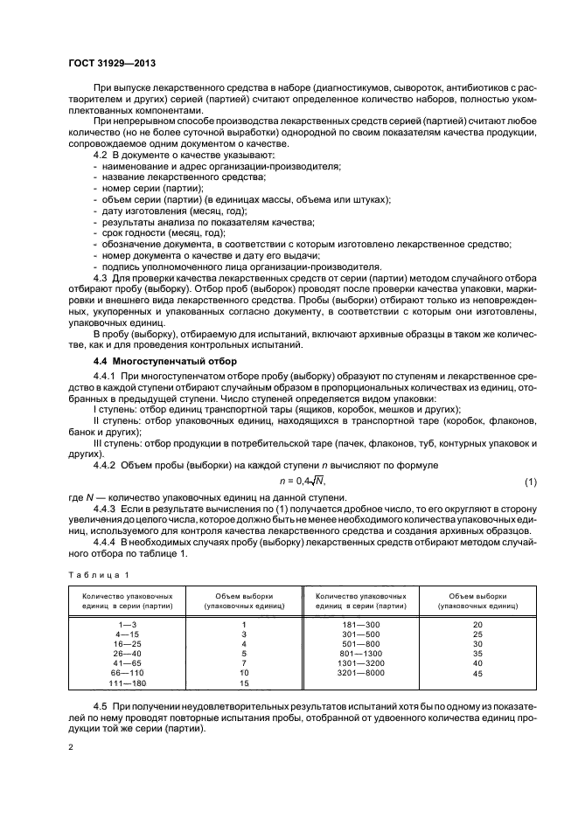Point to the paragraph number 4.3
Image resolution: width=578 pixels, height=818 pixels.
click(101, 278)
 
